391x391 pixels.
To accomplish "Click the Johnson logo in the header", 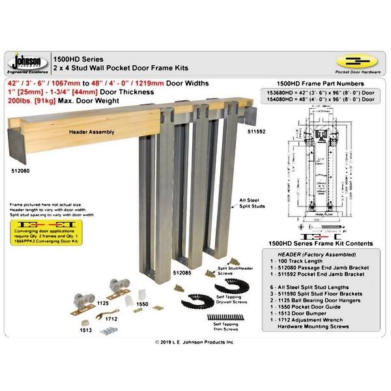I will point(25,63).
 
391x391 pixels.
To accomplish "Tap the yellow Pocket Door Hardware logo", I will point(358,63).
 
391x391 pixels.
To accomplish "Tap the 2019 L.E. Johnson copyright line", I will point(195,341).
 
